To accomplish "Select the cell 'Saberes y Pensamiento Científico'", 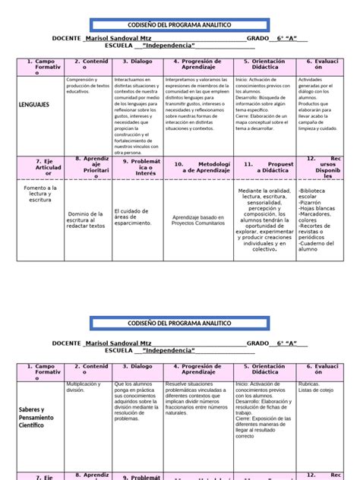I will pos(36,416).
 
